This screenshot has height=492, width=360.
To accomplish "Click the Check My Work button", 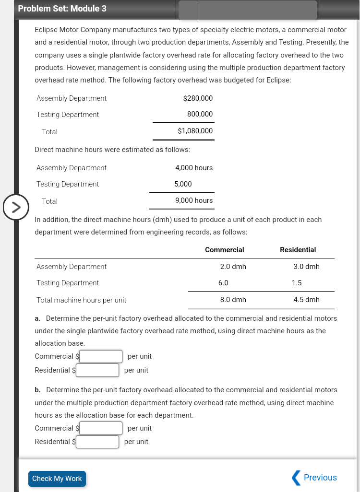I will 57,479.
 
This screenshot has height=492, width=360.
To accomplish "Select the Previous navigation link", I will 314,478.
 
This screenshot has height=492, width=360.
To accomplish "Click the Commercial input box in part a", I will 101,356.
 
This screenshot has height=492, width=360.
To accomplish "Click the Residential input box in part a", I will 97,370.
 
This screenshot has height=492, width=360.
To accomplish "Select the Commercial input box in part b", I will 101,428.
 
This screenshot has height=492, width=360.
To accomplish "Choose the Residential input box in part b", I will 97,442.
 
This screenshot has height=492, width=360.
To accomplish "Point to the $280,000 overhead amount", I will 198,98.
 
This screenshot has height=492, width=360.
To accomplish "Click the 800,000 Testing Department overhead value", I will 200,115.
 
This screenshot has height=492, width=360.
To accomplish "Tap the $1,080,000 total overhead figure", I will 195,131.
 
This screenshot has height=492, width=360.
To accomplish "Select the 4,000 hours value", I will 194,168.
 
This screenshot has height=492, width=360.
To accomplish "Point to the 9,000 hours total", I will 194,200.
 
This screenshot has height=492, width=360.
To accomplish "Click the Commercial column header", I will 224,250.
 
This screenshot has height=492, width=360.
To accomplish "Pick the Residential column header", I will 298,250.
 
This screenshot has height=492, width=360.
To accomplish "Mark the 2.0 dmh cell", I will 233,267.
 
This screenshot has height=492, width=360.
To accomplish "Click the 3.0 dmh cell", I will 306,267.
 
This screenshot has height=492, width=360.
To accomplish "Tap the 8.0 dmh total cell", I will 233,300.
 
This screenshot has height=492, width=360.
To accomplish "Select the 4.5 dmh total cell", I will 306,300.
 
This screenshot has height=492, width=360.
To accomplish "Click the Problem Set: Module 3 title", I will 62,9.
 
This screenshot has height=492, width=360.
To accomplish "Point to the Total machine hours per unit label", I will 82,300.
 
